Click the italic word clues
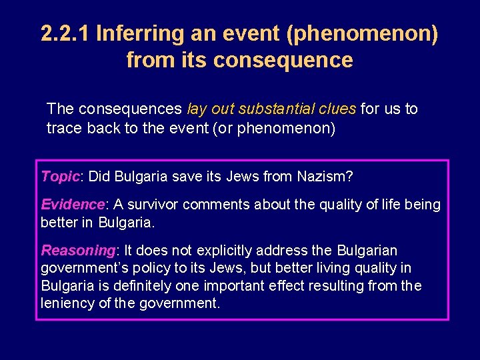pyautogui.click(x=337, y=109)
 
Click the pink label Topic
pyautogui.click(x=60, y=177)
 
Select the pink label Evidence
pyautogui.click(x=73, y=205)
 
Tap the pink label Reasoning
pyautogui.click(x=78, y=251)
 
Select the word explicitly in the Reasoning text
pyautogui.click(x=224, y=251)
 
